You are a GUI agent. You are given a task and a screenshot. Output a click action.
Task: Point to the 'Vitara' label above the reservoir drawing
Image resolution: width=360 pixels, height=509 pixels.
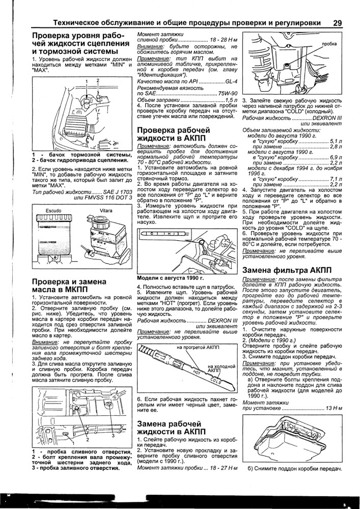point(106,210)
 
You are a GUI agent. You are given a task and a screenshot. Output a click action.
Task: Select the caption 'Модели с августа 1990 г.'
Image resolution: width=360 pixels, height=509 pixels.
point(171,278)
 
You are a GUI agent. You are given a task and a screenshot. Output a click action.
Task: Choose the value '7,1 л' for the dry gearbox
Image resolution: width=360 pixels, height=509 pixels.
point(335,179)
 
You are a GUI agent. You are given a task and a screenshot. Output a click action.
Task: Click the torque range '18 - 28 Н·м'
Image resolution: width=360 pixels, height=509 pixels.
point(224,40)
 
